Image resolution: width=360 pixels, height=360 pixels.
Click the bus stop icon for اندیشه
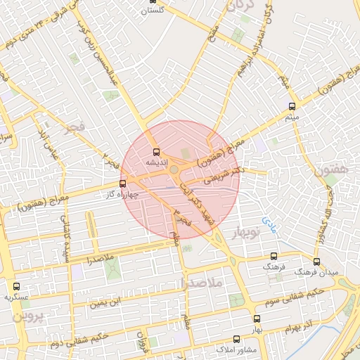click(x=156, y=151)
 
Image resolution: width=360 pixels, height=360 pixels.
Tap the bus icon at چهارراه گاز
click(x=124, y=184)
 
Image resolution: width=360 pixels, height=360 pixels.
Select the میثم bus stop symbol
click(x=292, y=106)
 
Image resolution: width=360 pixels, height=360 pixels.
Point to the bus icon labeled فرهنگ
click(x=274, y=257)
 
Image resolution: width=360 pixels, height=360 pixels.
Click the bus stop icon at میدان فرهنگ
click(x=316, y=261)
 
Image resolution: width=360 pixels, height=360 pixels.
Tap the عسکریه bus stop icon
click(x=16, y=286)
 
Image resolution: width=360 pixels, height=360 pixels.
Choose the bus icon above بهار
click(x=257, y=319)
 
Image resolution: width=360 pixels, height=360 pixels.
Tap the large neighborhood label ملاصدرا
click(x=201, y=283)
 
